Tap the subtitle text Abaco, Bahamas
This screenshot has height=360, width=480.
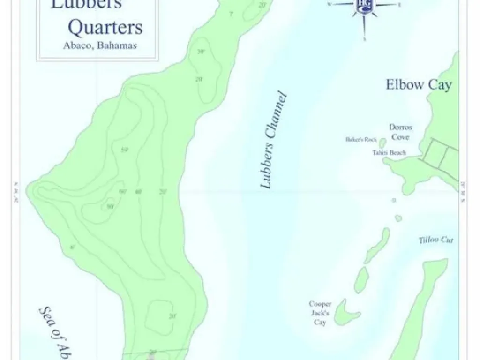[x=99, y=46]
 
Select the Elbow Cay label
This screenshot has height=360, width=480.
[x=419, y=85]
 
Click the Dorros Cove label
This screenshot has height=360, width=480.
[x=400, y=132]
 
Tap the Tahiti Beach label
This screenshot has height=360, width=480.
[x=389, y=153]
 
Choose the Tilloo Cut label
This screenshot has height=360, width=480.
[x=436, y=240]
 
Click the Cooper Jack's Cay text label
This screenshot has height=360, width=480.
[x=320, y=313]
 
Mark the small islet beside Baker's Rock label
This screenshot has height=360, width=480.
[x=382, y=142]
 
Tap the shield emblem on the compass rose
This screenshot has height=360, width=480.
[x=364, y=5]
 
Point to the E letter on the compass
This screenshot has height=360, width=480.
[x=399, y=5]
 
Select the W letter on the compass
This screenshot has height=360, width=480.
[x=329, y=4]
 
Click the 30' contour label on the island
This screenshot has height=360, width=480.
[x=201, y=52]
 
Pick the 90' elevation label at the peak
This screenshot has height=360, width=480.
[x=110, y=206]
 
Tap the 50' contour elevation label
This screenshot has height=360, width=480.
[x=124, y=150]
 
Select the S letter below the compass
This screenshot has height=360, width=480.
[x=364, y=40]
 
